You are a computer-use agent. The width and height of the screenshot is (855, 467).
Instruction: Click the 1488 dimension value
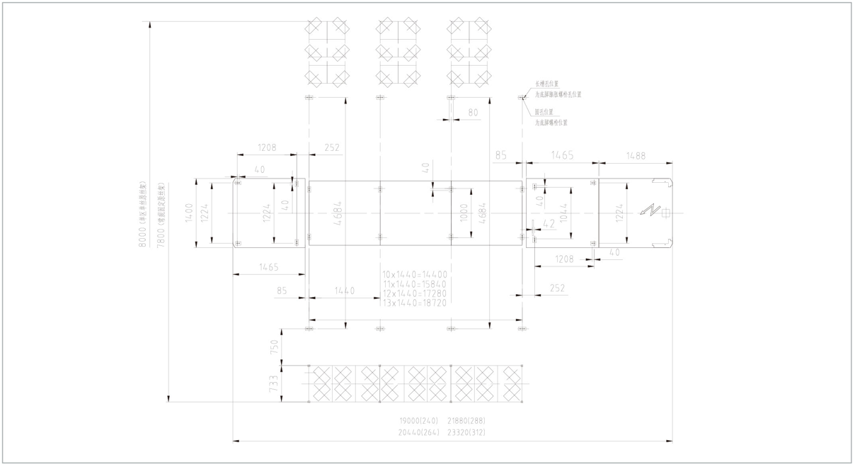(636, 156)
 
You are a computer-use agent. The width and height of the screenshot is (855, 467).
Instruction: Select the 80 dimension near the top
(473, 113)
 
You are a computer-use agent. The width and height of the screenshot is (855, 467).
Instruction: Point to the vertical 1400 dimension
(189, 213)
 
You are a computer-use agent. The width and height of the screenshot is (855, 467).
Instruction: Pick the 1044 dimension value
(563, 213)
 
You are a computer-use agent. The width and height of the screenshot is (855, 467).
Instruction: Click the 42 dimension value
(549, 224)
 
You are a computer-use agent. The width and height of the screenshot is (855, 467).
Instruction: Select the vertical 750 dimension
(275, 347)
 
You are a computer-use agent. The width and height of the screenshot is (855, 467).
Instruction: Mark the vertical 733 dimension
(275, 383)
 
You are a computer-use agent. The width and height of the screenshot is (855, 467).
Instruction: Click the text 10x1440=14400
(415, 274)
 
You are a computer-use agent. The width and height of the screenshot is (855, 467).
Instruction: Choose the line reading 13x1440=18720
(415, 303)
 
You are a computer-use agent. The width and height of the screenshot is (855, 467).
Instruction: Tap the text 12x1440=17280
(415, 293)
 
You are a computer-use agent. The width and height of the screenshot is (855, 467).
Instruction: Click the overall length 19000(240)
(420, 421)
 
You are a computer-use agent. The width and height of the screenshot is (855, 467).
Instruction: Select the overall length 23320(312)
(466, 432)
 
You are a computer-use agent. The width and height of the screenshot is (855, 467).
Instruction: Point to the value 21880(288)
(466, 421)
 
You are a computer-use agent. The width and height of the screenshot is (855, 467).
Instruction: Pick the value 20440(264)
(420, 432)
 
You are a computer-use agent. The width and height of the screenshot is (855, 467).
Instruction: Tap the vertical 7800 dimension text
(161, 213)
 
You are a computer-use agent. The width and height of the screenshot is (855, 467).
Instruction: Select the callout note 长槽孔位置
(546, 84)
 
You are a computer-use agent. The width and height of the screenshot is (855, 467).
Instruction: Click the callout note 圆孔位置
(544, 111)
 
